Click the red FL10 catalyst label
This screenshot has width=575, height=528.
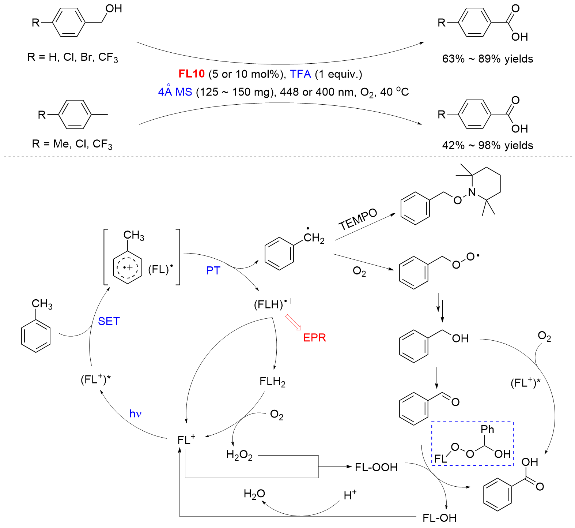[x=191, y=74]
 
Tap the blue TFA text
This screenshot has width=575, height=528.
[x=300, y=74]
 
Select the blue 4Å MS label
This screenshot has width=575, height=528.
[x=175, y=91]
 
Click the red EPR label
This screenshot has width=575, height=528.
[x=314, y=337]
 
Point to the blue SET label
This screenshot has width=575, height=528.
[x=109, y=321]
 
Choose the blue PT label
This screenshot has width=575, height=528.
[x=213, y=271]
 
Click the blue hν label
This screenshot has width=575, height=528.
[x=135, y=413]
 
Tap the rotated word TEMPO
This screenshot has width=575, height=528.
[x=358, y=219]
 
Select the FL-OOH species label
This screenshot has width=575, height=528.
[x=376, y=467]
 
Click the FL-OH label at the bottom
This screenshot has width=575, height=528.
[x=439, y=518]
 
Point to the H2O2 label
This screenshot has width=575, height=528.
[x=239, y=455]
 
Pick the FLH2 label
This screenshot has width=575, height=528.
[x=272, y=382]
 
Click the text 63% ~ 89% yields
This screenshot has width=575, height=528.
[x=487, y=59]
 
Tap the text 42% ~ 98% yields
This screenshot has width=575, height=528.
[x=487, y=145]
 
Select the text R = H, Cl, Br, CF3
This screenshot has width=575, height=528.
[x=72, y=57]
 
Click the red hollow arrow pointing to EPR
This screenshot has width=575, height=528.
[x=293, y=322]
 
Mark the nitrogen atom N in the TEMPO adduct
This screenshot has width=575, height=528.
[x=472, y=192]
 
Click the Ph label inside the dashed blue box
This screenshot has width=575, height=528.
[x=487, y=429]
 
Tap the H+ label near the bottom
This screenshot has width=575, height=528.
[x=350, y=495]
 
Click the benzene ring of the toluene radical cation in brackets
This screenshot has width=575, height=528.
[x=127, y=267]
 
